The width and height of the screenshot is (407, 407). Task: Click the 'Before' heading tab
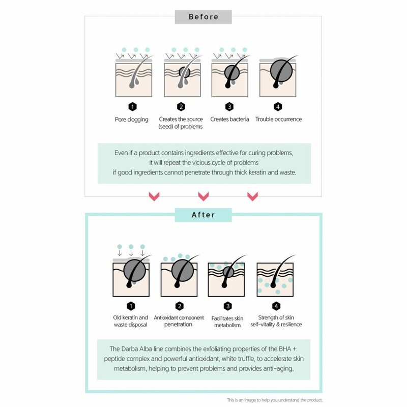(203, 17)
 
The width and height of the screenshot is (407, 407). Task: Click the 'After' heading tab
(203, 215)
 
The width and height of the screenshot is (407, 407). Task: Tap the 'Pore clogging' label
(132, 120)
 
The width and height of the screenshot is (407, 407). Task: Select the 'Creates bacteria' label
(229, 120)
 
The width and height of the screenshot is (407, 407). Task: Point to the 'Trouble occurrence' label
(279, 120)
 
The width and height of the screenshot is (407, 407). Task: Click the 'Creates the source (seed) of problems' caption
(181, 123)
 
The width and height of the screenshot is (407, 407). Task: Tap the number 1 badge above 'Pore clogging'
(132, 106)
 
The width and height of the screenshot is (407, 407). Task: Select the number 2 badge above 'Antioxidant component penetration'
(180, 306)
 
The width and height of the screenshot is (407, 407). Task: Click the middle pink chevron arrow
(203, 196)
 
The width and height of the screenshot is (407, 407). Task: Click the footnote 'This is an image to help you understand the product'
(275, 400)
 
